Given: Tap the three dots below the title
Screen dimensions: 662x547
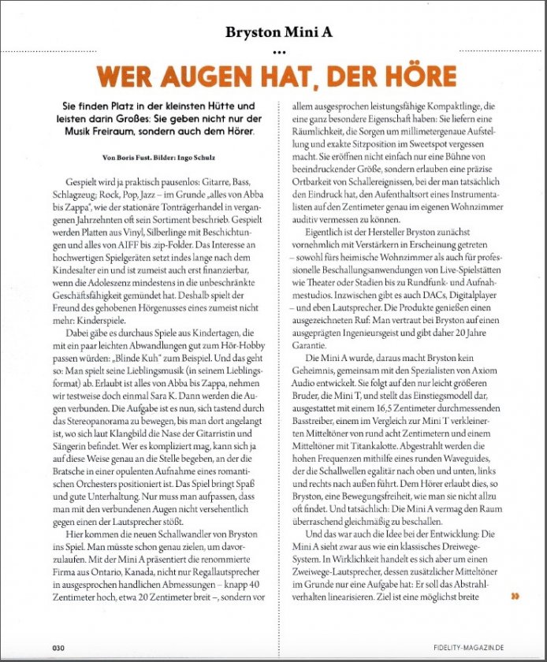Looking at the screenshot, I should pyautogui.click(x=273, y=52).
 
